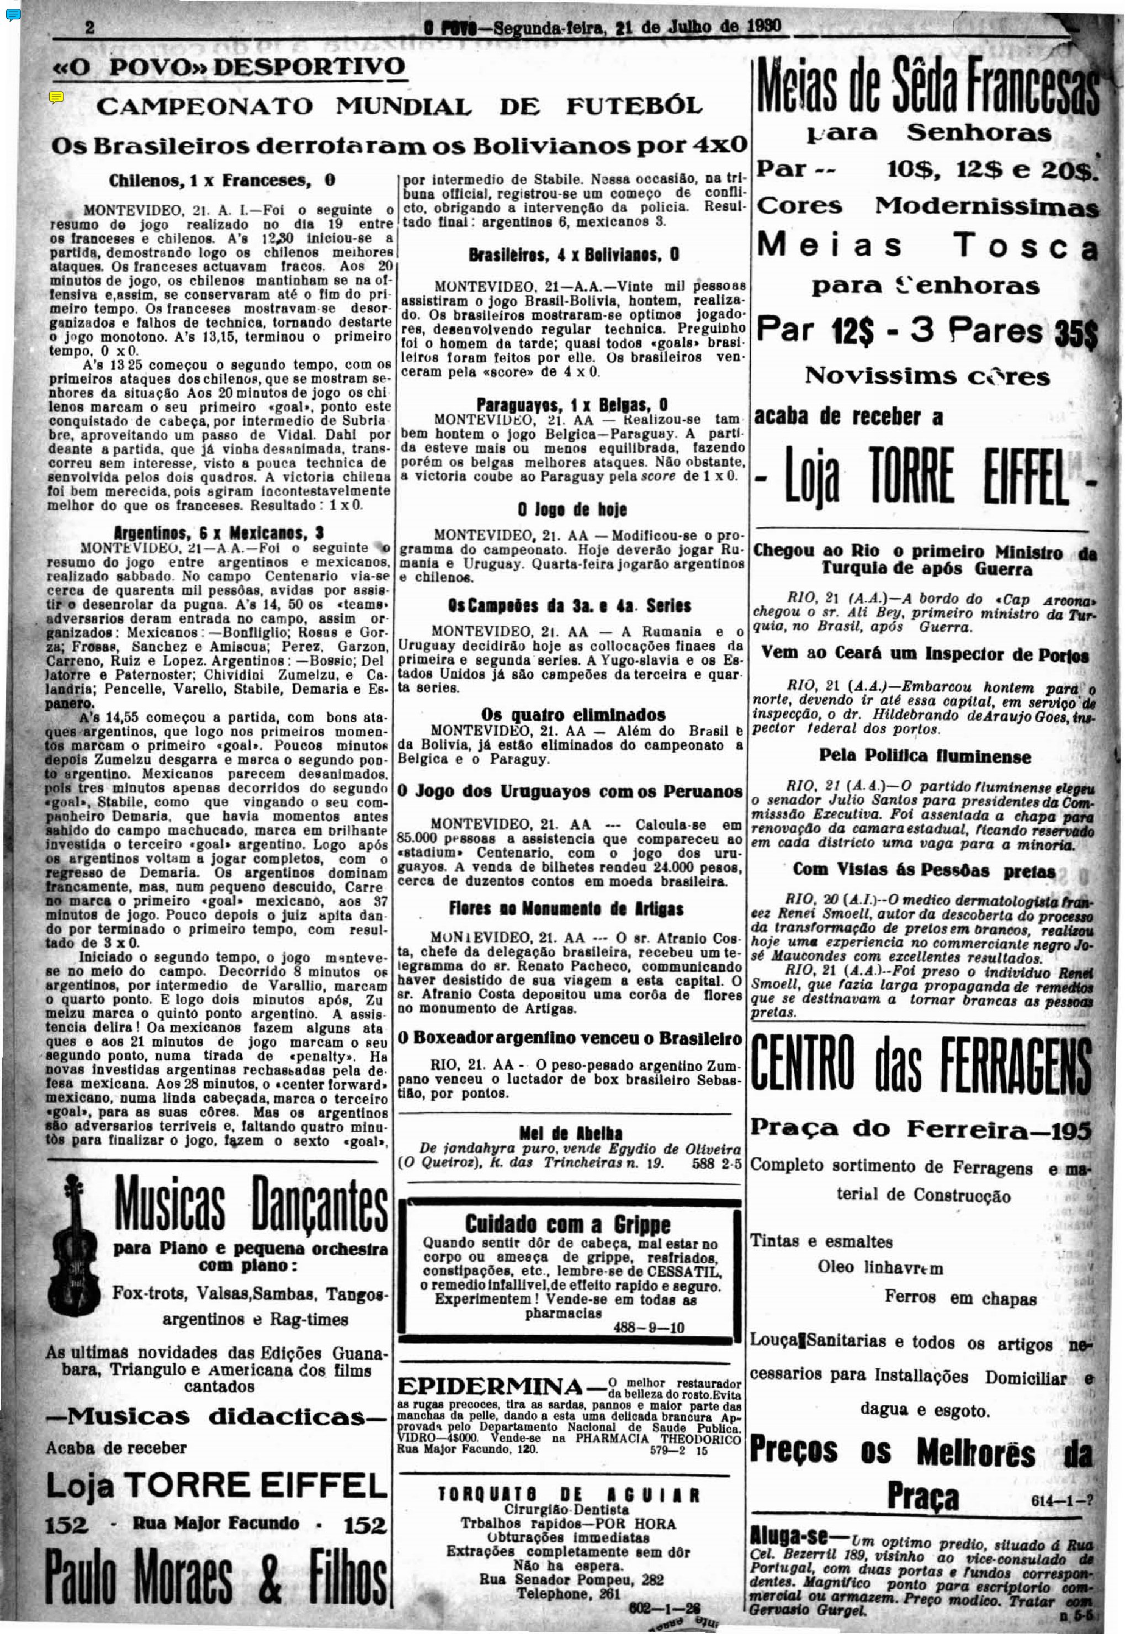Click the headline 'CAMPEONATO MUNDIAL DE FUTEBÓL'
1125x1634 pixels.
(x=399, y=107)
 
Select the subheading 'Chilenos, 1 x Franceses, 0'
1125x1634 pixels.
(x=221, y=181)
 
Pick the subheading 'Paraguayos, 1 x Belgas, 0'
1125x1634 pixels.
(x=572, y=405)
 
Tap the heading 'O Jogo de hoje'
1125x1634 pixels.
(x=572, y=509)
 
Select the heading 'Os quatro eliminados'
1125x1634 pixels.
(x=573, y=715)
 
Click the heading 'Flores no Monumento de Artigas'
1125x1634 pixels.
(x=566, y=909)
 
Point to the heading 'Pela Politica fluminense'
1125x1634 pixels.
(x=925, y=756)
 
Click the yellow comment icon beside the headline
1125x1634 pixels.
(x=57, y=97)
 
